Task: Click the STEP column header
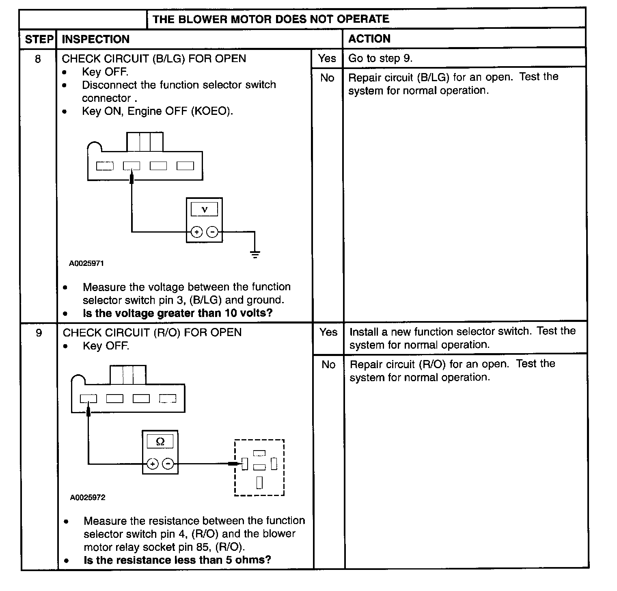point(39,39)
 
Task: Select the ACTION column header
point(369,39)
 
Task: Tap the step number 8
point(38,59)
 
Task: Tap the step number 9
point(39,333)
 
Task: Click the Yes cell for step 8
point(327,58)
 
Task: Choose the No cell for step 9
point(328,365)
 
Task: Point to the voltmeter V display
point(204,209)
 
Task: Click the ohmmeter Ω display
point(160,442)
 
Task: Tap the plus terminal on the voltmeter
point(196,232)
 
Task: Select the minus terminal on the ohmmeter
point(168,464)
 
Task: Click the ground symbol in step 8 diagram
point(255,255)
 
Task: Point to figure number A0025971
point(86,263)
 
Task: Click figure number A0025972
point(88,498)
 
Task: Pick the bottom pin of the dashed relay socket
point(259,483)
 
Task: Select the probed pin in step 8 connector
point(132,166)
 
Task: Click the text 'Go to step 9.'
point(380,58)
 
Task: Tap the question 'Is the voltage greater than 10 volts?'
point(177,313)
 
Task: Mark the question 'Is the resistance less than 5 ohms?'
point(177,560)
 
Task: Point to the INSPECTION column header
point(95,39)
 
